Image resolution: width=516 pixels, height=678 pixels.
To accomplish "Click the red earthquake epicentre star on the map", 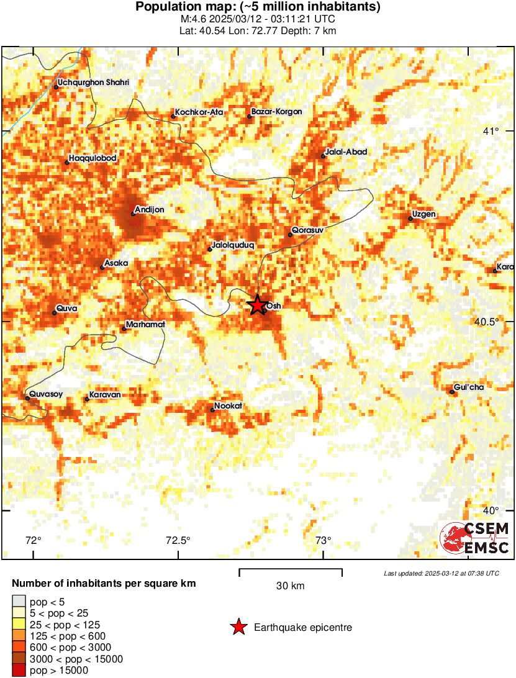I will pyautogui.click(x=258, y=305).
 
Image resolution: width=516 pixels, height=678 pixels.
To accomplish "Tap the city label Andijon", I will pyautogui.click(x=150, y=210).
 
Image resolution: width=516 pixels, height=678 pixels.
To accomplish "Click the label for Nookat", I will pyautogui.click(x=228, y=407).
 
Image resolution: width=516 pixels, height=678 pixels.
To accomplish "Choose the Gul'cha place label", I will pyautogui.click(x=469, y=387).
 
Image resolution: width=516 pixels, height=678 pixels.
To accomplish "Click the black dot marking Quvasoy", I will pyautogui.click(x=28, y=398).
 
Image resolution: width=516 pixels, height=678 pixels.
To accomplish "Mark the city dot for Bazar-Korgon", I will pyautogui.click(x=250, y=116).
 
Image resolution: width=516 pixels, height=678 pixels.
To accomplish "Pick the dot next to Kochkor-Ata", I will pyautogui.click(x=173, y=116).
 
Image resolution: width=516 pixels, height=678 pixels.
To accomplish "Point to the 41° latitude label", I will pyautogui.click(x=491, y=131).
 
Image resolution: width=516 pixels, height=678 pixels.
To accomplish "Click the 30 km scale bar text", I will pyautogui.click(x=291, y=585).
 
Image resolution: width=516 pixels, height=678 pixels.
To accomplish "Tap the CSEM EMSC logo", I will pyautogui.click(x=475, y=538).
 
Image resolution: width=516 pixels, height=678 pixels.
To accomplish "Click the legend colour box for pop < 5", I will pyautogui.click(x=19, y=601).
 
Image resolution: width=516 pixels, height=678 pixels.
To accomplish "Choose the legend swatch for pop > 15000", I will pyautogui.click(x=19, y=670).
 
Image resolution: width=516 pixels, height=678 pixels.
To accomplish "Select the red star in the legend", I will pyautogui.click(x=238, y=628).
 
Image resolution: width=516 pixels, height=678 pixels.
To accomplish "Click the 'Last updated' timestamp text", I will pyautogui.click(x=441, y=573).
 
